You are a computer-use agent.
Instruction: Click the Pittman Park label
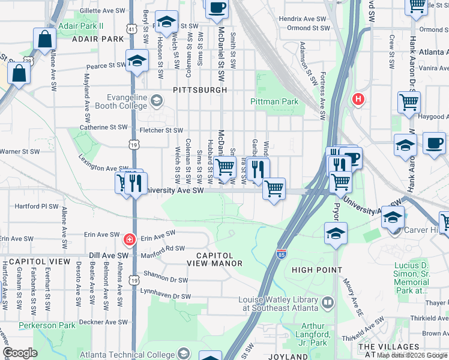(274, 101)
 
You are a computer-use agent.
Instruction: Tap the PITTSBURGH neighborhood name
(200, 89)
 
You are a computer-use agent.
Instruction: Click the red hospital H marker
(358, 98)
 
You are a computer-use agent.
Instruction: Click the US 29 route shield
(28, 61)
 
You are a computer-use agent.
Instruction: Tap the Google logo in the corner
(20, 353)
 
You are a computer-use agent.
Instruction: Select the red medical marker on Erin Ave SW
(128, 240)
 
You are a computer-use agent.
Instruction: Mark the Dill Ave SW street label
(105, 256)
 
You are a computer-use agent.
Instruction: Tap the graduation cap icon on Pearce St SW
(137, 61)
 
